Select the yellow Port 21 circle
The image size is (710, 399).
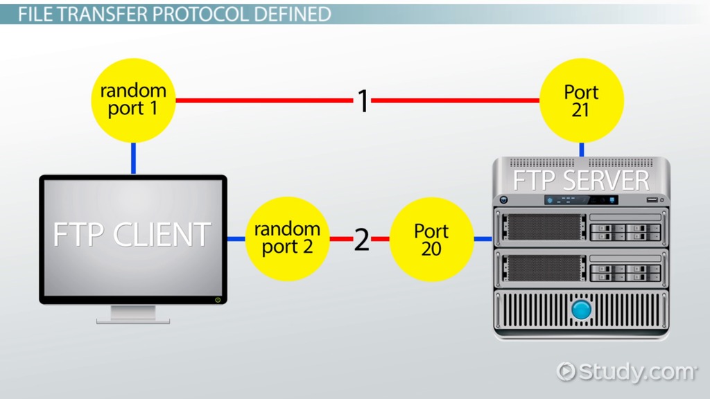pyautogui.click(x=581, y=100)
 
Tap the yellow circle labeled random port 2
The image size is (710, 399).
pyautogui.click(x=287, y=238)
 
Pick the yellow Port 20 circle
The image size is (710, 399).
pyautogui.click(x=431, y=239)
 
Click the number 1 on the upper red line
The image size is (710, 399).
pyautogui.click(x=363, y=101)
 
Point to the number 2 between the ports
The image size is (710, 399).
pyautogui.click(x=361, y=240)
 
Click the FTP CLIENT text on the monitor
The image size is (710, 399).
pyautogui.click(x=132, y=235)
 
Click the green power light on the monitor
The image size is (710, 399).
pyautogui.click(x=218, y=299)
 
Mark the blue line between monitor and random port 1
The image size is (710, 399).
pyautogui.click(x=132, y=159)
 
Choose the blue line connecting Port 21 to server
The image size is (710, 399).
pyautogui.click(x=581, y=150)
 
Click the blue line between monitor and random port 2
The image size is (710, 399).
pyautogui.click(x=236, y=239)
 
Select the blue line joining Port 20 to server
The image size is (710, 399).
pyautogui.click(x=483, y=239)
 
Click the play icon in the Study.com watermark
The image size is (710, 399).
pyautogui.click(x=566, y=371)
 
